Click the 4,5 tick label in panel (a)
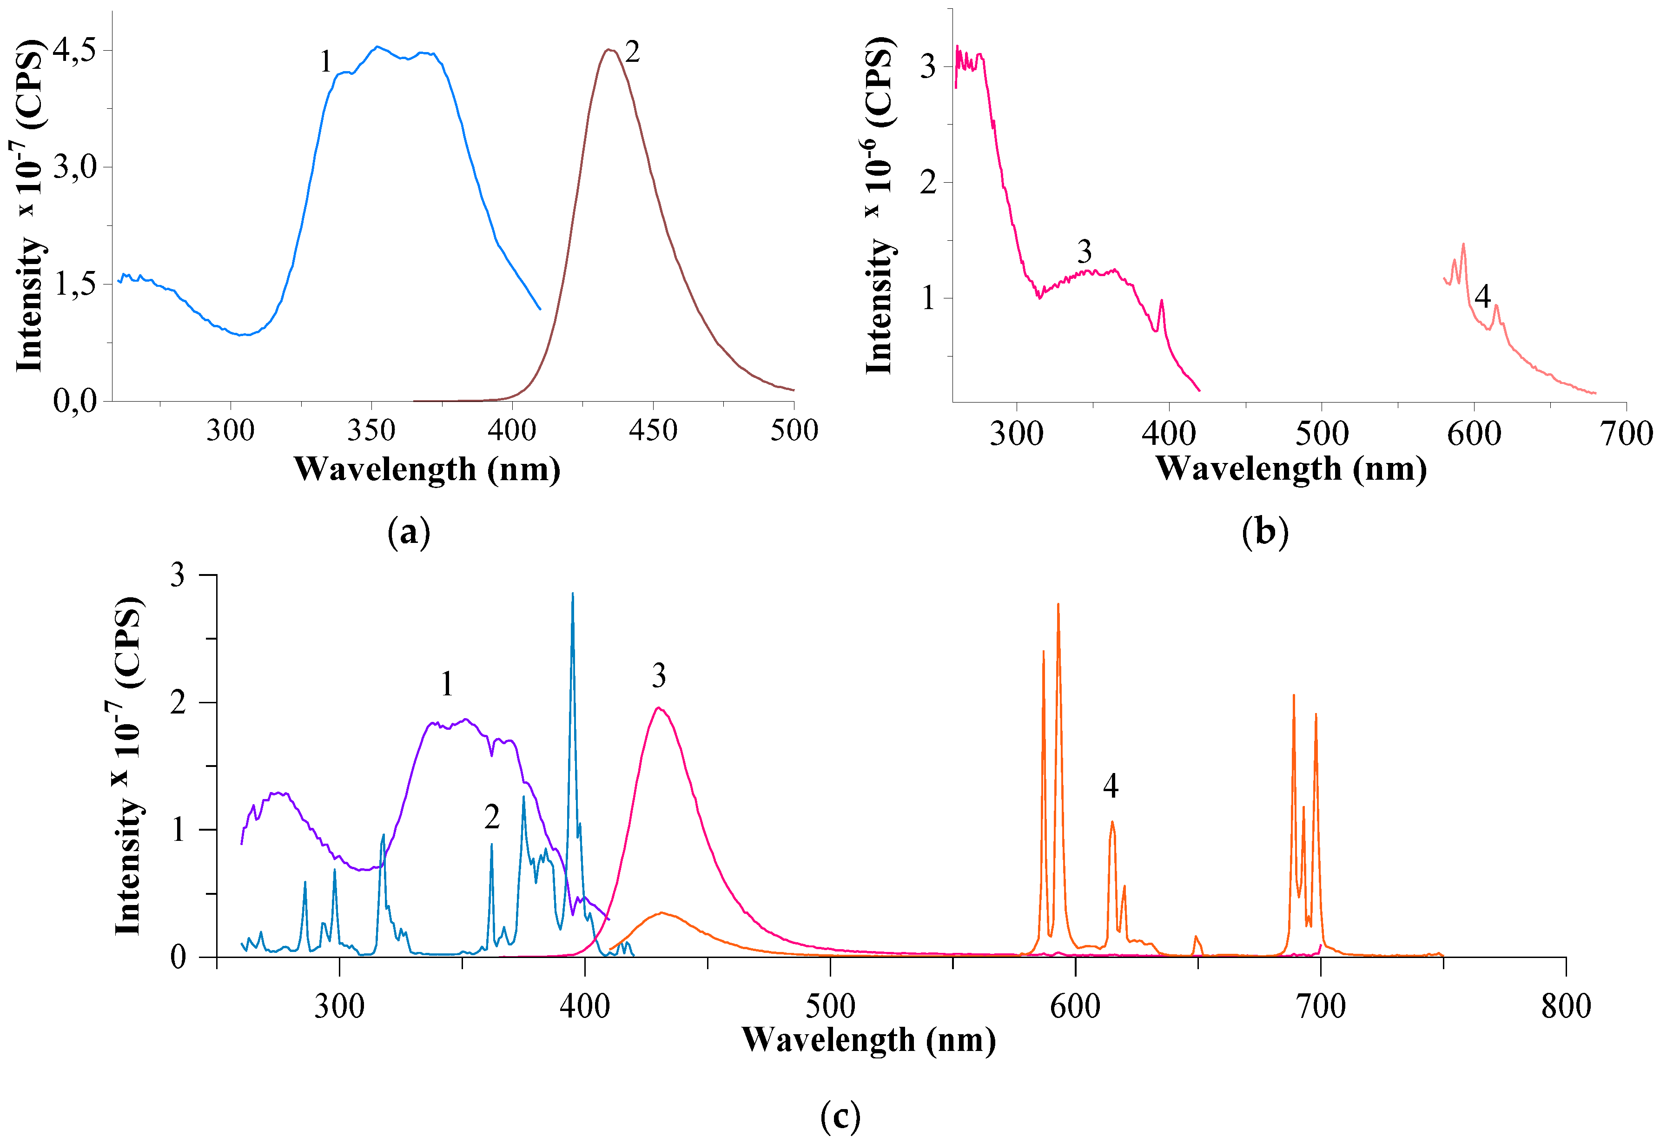[x=74, y=50]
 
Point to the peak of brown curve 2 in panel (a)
[x=608, y=50]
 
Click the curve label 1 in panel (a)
[x=326, y=62]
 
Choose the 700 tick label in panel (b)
[x=1626, y=434]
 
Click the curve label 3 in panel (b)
[x=1084, y=252]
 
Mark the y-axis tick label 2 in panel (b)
[x=928, y=183]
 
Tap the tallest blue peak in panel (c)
[x=572, y=595]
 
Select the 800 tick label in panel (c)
[x=1566, y=1006]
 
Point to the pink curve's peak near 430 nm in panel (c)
[x=658, y=708]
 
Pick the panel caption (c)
[x=840, y=1116]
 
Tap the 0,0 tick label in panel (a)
[x=74, y=401]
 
